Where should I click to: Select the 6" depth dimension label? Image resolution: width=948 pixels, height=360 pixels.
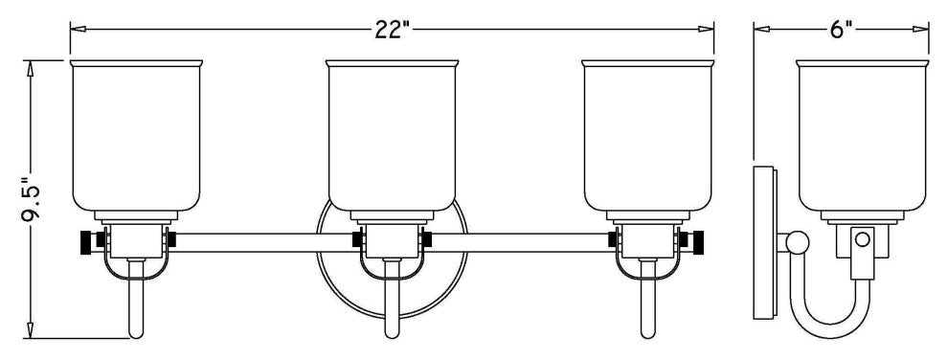click(x=841, y=29)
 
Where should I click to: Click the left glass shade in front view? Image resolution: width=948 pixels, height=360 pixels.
click(x=138, y=134)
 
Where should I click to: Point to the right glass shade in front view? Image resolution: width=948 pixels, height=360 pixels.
click(x=648, y=134)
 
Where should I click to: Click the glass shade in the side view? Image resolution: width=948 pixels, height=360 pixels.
click(x=863, y=134)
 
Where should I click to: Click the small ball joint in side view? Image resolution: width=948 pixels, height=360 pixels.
click(x=795, y=243)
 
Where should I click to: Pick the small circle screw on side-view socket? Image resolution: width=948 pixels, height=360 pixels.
click(x=862, y=237)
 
